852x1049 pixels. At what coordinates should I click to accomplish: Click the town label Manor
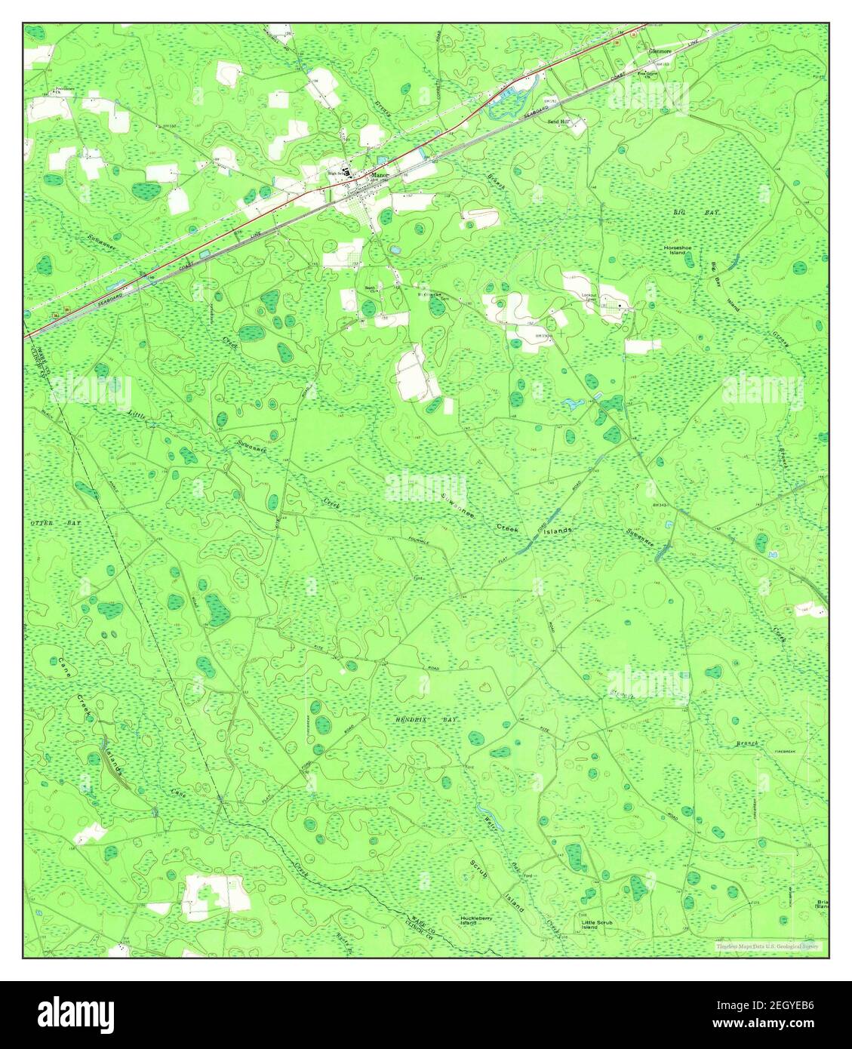379,173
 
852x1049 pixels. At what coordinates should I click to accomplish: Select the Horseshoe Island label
678,250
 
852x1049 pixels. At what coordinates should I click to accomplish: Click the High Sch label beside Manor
334,173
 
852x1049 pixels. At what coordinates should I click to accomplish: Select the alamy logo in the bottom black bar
75,1014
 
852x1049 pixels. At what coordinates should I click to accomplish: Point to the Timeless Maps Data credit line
768,946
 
